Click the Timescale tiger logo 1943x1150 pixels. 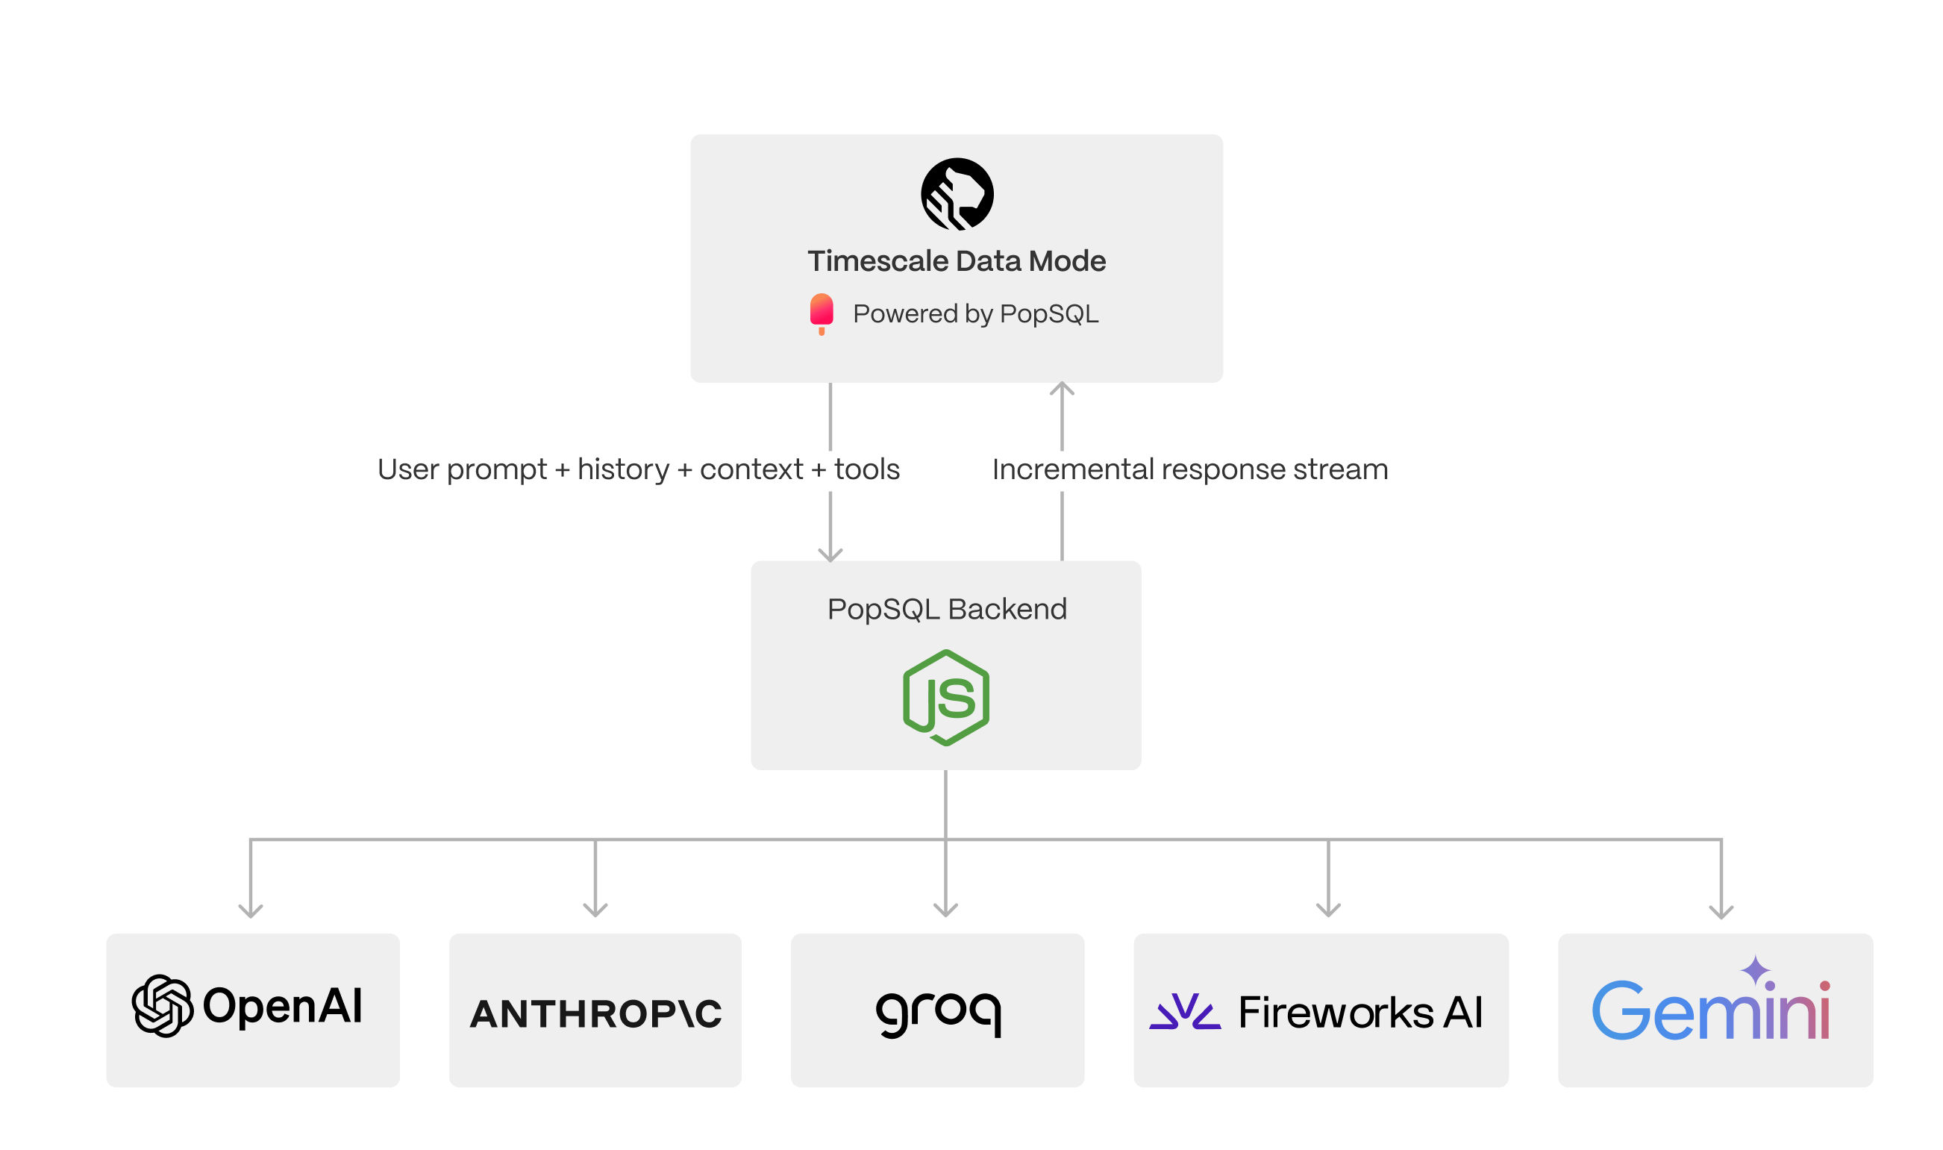tap(957, 194)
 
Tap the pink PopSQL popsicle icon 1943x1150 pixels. tap(822, 311)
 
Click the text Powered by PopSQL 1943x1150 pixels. tap(975, 314)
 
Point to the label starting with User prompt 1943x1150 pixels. tap(639, 469)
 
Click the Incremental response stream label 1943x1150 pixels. tap(1190, 469)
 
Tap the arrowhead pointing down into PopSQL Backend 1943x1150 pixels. tap(830, 555)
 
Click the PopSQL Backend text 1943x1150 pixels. tap(947, 609)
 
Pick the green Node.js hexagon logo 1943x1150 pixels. tap(946, 698)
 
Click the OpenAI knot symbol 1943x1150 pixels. tap(162, 1006)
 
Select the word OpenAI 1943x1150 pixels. tap(283, 1006)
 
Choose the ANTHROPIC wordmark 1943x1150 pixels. tap(595, 1013)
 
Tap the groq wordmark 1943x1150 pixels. tap(938, 1012)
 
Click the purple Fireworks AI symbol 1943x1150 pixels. tap(1185, 1011)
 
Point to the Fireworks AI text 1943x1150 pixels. tap(1360, 1012)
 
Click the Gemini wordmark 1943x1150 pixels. tap(1711, 1011)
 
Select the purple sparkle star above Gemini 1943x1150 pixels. tap(1756, 970)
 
